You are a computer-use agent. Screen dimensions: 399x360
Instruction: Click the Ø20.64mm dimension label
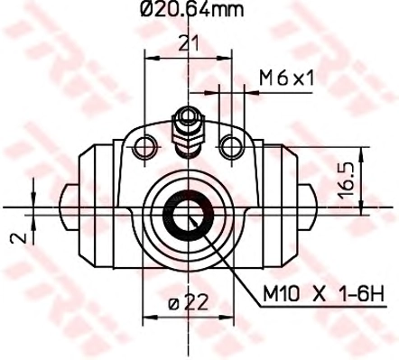(x=191, y=9)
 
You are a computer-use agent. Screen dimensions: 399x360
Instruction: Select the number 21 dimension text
(x=189, y=43)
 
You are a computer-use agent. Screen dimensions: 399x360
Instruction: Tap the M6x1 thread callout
(x=286, y=78)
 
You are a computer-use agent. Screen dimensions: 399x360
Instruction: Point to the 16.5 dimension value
(x=346, y=180)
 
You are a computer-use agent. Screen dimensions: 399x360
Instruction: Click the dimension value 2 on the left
(x=18, y=238)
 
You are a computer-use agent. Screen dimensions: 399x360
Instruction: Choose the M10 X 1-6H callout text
(x=323, y=294)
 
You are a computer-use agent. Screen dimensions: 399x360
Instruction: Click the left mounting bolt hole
(x=144, y=147)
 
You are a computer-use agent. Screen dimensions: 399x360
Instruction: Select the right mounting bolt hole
(x=231, y=147)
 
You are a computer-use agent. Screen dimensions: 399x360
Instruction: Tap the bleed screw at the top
(x=188, y=132)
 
